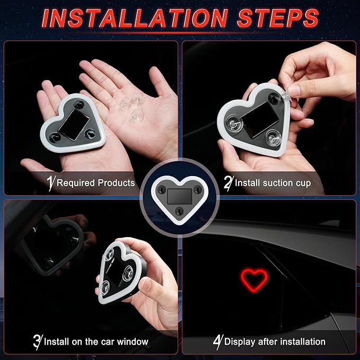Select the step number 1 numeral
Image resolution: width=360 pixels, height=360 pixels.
click(51, 183)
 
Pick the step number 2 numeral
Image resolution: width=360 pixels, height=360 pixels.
click(229, 183)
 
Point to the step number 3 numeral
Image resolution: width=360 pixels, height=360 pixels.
click(38, 341)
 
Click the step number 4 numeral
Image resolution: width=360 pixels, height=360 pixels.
click(217, 341)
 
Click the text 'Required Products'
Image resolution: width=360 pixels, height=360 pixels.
click(95, 183)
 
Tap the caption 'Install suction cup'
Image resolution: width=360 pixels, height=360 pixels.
click(273, 183)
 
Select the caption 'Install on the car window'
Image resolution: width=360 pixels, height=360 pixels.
click(96, 341)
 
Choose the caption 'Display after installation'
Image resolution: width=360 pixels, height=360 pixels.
click(275, 341)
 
